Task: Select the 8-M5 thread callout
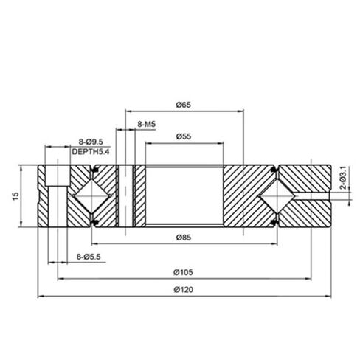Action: (x=146, y=126)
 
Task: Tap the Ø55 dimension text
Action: (x=184, y=137)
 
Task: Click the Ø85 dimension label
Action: (x=184, y=237)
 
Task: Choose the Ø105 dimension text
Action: (x=184, y=272)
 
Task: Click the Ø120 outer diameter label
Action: (x=184, y=290)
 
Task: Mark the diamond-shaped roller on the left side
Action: (x=90, y=196)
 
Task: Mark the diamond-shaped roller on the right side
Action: (x=277, y=196)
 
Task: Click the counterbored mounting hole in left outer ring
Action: (x=53, y=196)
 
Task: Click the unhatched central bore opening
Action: (x=184, y=196)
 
